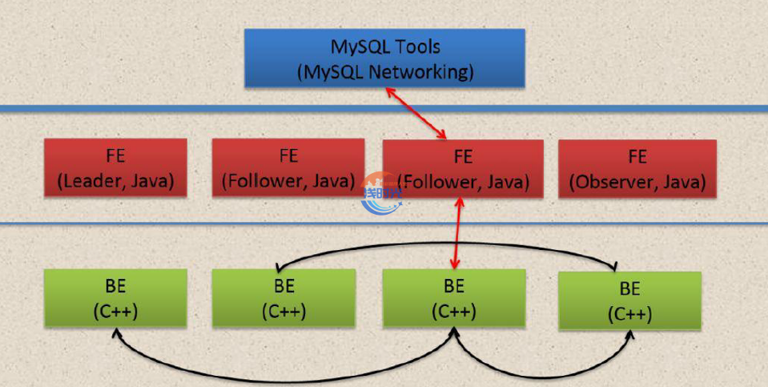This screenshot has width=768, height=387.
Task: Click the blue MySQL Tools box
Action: pyautogui.click(x=384, y=58)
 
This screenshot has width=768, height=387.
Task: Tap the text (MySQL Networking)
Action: pyautogui.click(x=385, y=71)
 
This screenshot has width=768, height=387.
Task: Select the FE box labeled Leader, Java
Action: pyautogui.click(x=115, y=167)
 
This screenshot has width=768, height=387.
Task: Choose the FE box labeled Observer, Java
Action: pyautogui.click(x=637, y=168)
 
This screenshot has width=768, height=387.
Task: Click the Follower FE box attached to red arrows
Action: pyautogui.click(x=463, y=168)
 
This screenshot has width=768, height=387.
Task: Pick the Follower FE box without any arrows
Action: pyautogui.click(x=288, y=167)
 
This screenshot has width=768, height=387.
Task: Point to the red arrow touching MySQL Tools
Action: pyautogui.click(x=416, y=112)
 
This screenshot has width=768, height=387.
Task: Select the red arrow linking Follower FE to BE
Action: pyautogui.click(x=456, y=232)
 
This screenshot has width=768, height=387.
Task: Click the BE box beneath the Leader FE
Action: pyautogui.click(x=115, y=298)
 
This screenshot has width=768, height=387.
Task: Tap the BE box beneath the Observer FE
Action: pyautogui.click(x=629, y=300)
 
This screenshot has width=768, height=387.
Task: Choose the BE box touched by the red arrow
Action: pyautogui.click(x=454, y=298)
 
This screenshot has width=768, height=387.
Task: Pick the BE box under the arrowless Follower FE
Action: pyautogui.click(x=283, y=298)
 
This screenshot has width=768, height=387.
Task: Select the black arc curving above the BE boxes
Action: pyautogui.click(x=448, y=251)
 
